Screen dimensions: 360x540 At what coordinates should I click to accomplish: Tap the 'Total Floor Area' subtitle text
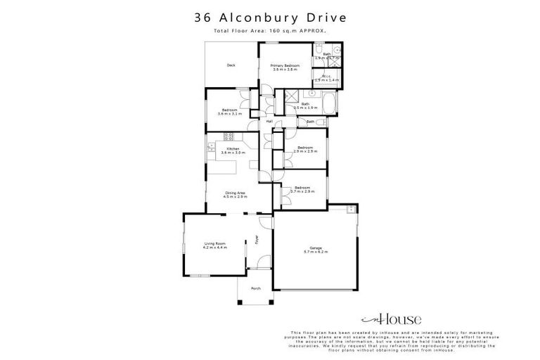click(x=269, y=32)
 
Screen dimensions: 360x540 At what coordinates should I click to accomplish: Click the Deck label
click(x=231, y=65)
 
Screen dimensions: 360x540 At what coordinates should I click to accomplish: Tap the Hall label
click(x=269, y=122)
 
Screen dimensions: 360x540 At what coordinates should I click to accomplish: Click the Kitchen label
click(x=233, y=149)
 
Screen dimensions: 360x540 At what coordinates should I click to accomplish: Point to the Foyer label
click(x=256, y=243)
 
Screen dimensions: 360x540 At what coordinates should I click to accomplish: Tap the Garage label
click(x=316, y=249)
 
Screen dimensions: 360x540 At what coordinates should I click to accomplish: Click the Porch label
click(x=255, y=288)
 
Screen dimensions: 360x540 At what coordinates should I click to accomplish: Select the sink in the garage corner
click(x=350, y=208)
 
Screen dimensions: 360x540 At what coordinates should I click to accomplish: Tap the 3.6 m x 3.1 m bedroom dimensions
click(x=231, y=113)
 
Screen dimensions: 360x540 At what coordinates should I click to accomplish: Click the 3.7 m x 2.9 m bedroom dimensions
click(x=302, y=191)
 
